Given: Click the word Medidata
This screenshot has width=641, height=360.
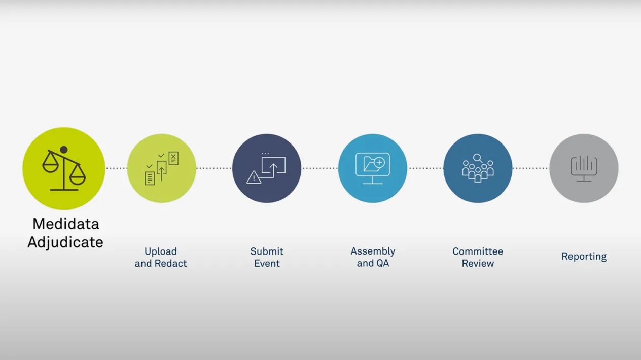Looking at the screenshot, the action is [66, 224].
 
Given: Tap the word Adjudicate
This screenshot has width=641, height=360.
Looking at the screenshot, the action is [65, 242].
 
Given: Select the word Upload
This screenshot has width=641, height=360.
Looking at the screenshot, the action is [161, 252].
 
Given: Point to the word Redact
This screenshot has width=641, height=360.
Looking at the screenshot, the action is [170, 263].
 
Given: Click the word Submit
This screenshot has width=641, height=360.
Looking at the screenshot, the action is [267, 251].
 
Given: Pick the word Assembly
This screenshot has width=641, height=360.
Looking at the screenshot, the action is [373, 252].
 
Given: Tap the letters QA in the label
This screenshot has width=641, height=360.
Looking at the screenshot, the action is [382, 263].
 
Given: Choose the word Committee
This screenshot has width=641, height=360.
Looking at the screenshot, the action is [478, 251].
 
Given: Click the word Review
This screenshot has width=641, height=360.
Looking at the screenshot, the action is [478, 263].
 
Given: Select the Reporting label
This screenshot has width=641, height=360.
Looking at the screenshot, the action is [584, 257].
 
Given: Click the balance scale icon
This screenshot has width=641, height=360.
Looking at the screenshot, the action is [64, 168].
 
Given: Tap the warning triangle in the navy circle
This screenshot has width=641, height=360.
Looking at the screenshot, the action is [254, 177].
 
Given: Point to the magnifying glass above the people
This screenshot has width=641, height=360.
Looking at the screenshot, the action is [478, 158].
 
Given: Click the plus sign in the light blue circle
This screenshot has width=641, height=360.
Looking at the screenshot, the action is [379, 163].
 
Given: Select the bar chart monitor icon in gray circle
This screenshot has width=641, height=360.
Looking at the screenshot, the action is [584, 168].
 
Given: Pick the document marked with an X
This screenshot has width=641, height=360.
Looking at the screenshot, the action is [173, 158].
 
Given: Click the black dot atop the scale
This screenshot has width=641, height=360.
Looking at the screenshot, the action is [64, 150].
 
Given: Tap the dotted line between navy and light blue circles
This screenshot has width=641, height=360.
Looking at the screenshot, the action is [319, 168].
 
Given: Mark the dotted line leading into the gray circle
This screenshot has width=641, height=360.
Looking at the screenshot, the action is [531, 168].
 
